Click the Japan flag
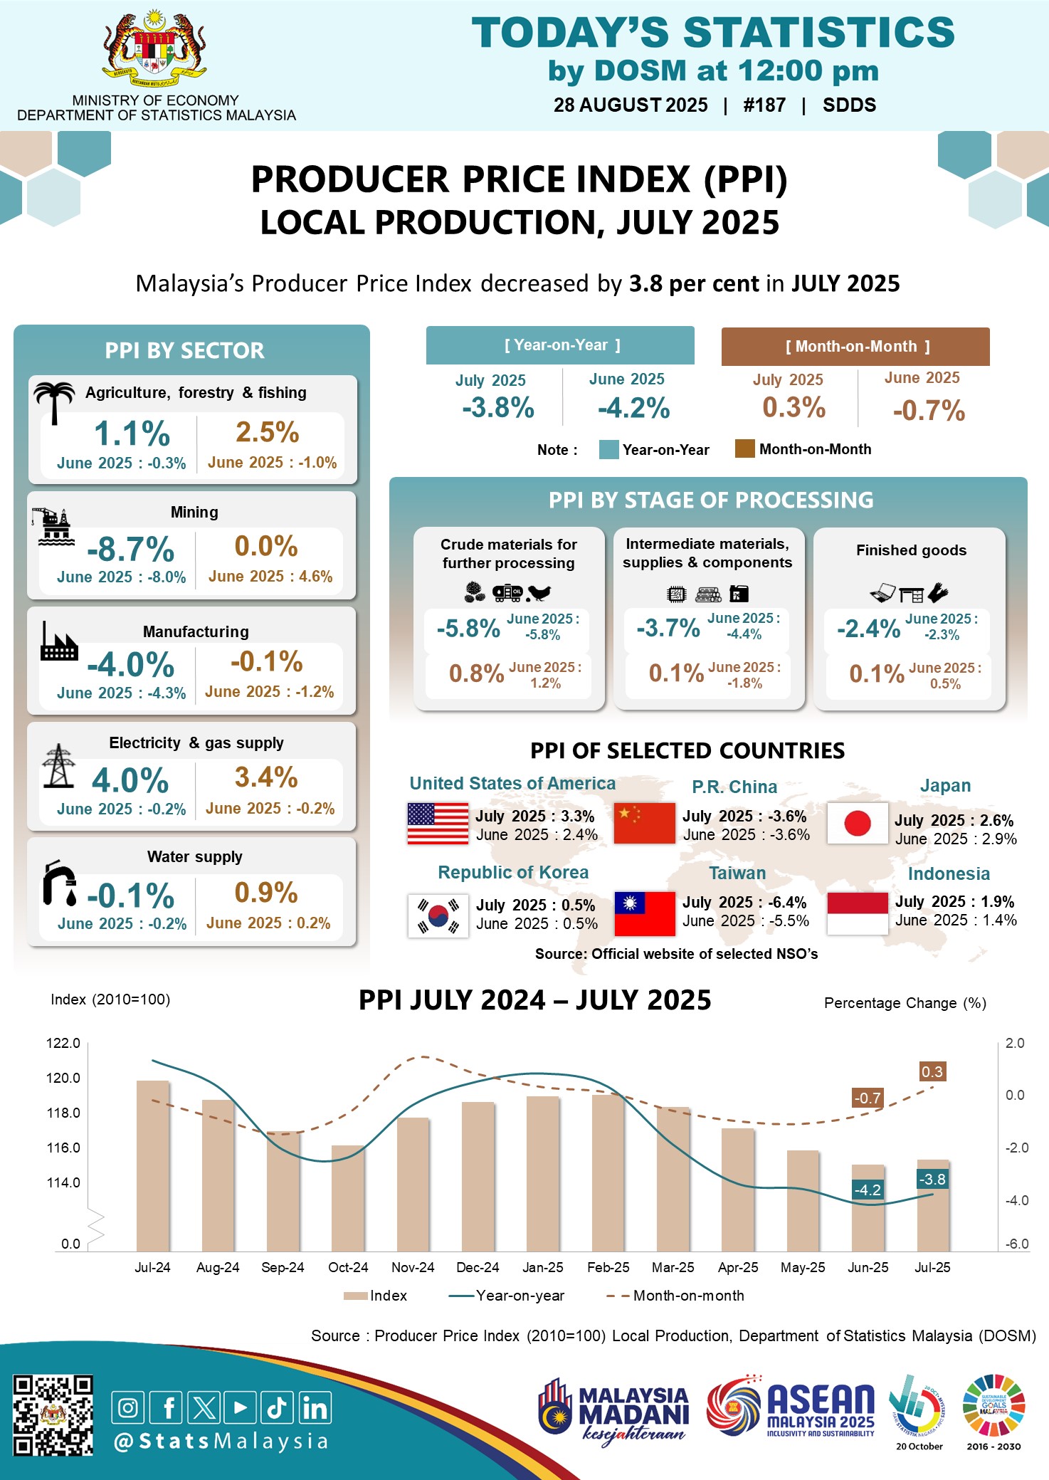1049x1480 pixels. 857,823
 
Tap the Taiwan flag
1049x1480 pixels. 644,913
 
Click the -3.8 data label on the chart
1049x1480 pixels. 932,1180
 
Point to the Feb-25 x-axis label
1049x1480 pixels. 608,1267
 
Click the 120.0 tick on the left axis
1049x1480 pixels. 63,1078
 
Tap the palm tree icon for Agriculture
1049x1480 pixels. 54,401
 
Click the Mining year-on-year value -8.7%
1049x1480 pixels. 131,549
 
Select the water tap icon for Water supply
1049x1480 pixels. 60,883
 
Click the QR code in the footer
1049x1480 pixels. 53,1415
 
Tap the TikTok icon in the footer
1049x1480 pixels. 277,1407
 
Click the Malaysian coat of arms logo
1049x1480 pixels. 154,49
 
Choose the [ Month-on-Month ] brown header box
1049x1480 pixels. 855,347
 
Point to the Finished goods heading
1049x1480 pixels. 911,550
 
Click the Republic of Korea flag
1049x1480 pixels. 438,915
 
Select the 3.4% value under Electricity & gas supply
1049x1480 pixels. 266,777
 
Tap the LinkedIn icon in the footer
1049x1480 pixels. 315,1407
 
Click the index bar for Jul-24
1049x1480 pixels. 153,1165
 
